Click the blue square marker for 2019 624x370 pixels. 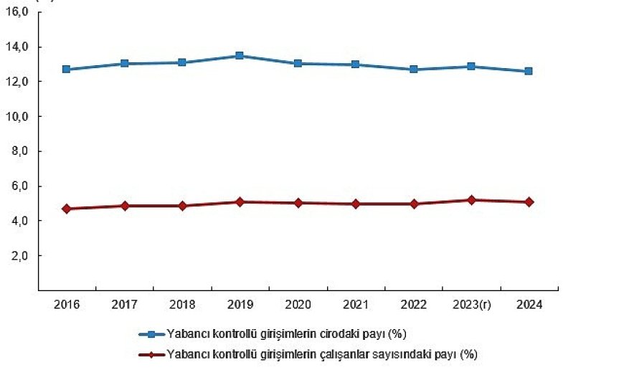(240, 56)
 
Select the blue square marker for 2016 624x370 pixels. (67, 70)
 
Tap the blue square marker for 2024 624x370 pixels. (529, 71)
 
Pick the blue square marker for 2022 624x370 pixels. (413, 70)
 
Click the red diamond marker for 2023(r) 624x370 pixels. (471, 200)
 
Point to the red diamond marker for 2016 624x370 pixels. (67, 209)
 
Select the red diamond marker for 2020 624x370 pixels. (298, 203)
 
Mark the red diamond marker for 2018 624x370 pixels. (182, 206)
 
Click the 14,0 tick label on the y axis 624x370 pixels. (16, 47)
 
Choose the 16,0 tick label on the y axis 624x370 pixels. (16, 13)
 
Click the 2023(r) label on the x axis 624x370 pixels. (471, 305)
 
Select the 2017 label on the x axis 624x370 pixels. (125, 305)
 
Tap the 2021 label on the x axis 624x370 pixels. (355, 305)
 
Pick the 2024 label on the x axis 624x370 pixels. (529, 305)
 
